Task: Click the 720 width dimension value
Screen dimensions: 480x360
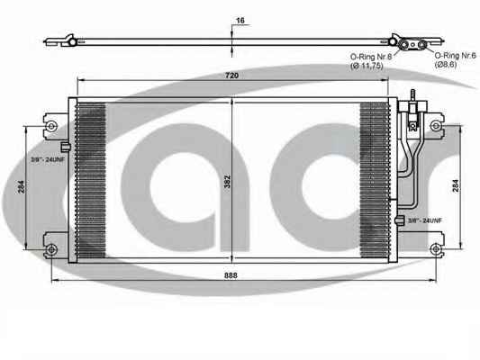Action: coord(231,76)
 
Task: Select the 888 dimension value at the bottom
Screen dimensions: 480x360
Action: coord(231,275)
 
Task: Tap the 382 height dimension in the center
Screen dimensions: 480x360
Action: coord(227,182)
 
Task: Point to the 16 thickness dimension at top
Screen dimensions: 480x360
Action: coord(240,21)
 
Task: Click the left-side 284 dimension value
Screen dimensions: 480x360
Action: coord(21,186)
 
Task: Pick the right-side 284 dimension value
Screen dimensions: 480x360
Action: coord(456,185)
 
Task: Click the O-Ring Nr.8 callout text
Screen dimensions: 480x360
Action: coord(371,57)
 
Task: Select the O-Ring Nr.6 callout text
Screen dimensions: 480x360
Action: coord(456,56)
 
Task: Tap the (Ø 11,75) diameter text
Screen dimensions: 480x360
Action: coord(367,66)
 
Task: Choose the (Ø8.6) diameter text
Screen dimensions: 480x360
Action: coord(446,64)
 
